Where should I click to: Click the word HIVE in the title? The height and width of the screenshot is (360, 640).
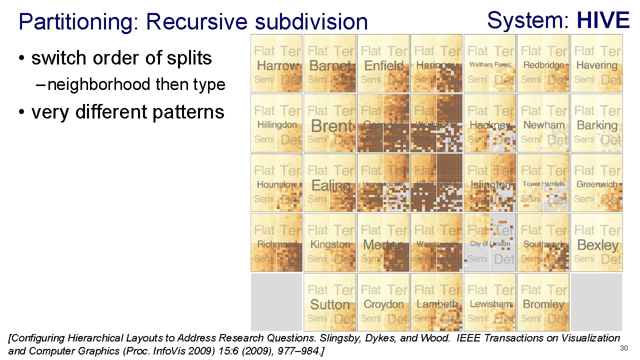(x=602, y=20)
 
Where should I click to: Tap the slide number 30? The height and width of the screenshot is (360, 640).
(x=623, y=348)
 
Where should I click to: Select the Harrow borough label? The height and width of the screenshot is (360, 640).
(x=277, y=65)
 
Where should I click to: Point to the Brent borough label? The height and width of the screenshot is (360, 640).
(x=331, y=125)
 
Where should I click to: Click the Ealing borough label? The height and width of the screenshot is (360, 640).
(x=330, y=185)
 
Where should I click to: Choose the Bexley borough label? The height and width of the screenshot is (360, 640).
(x=597, y=245)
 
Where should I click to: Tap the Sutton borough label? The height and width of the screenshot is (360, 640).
(x=329, y=304)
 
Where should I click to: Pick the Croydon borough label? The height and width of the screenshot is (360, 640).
(x=383, y=304)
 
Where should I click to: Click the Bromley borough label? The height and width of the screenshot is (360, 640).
(x=543, y=304)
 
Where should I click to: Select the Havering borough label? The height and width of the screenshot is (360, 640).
(x=596, y=65)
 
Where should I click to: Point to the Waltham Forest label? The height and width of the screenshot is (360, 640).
(x=490, y=64)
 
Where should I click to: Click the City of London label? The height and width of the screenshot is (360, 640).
(x=490, y=244)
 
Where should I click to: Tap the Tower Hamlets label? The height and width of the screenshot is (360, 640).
(x=543, y=184)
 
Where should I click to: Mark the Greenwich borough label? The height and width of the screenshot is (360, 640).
(x=596, y=184)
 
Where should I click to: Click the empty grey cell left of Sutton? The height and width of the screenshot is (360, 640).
(x=276, y=302)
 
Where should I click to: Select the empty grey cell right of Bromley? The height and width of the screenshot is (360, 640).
(x=596, y=302)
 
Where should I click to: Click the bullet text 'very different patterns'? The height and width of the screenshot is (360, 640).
(x=127, y=111)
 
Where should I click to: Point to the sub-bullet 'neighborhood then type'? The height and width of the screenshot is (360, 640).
(x=136, y=84)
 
